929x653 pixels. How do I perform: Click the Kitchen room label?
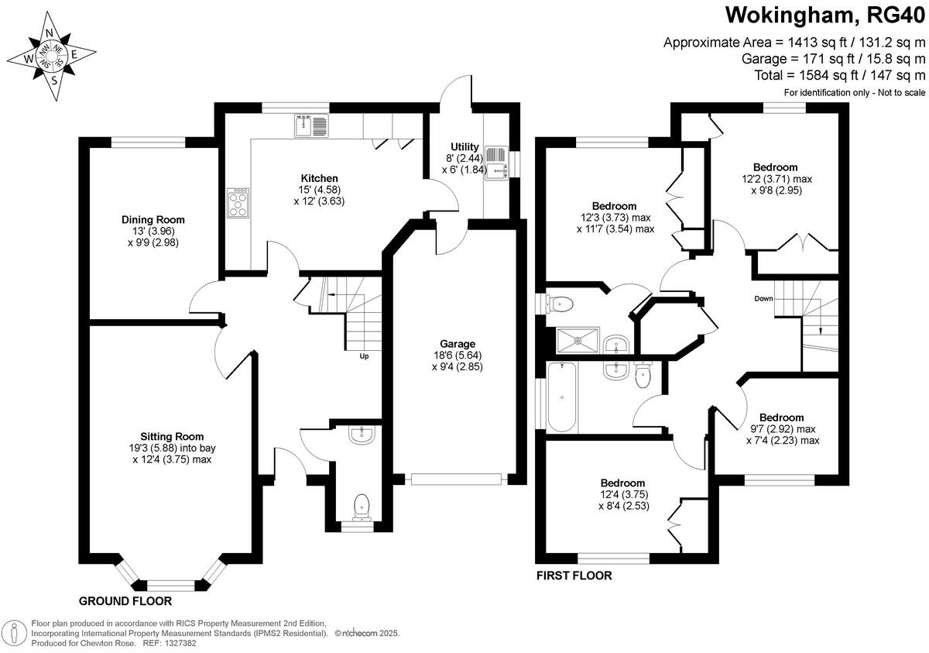click(x=319, y=178)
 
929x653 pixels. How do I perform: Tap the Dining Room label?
click(x=153, y=219)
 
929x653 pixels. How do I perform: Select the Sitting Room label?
click(x=172, y=436)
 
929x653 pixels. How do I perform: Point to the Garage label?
click(x=458, y=344)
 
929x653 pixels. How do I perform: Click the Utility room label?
click(x=464, y=147)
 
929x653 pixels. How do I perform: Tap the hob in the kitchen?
click(x=238, y=203)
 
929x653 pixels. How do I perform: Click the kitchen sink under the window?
click(x=311, y=125)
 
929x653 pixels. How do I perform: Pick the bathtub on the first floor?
click(x=562, y=397)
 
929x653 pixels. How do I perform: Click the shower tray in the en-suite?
click(x=578, y=341)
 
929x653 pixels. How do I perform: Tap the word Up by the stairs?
click(x=364, y=356)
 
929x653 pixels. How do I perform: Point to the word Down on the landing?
click(x=763, y=298)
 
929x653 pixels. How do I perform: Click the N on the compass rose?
click(x=49, y=33)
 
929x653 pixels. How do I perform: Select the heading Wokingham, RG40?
click(x=825, y=16)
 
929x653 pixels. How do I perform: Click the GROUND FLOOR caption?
click(x=125, y=601)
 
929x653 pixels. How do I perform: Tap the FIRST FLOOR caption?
click(x=574, y=576)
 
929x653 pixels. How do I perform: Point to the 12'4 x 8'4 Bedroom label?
click(x=623, y=494)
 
